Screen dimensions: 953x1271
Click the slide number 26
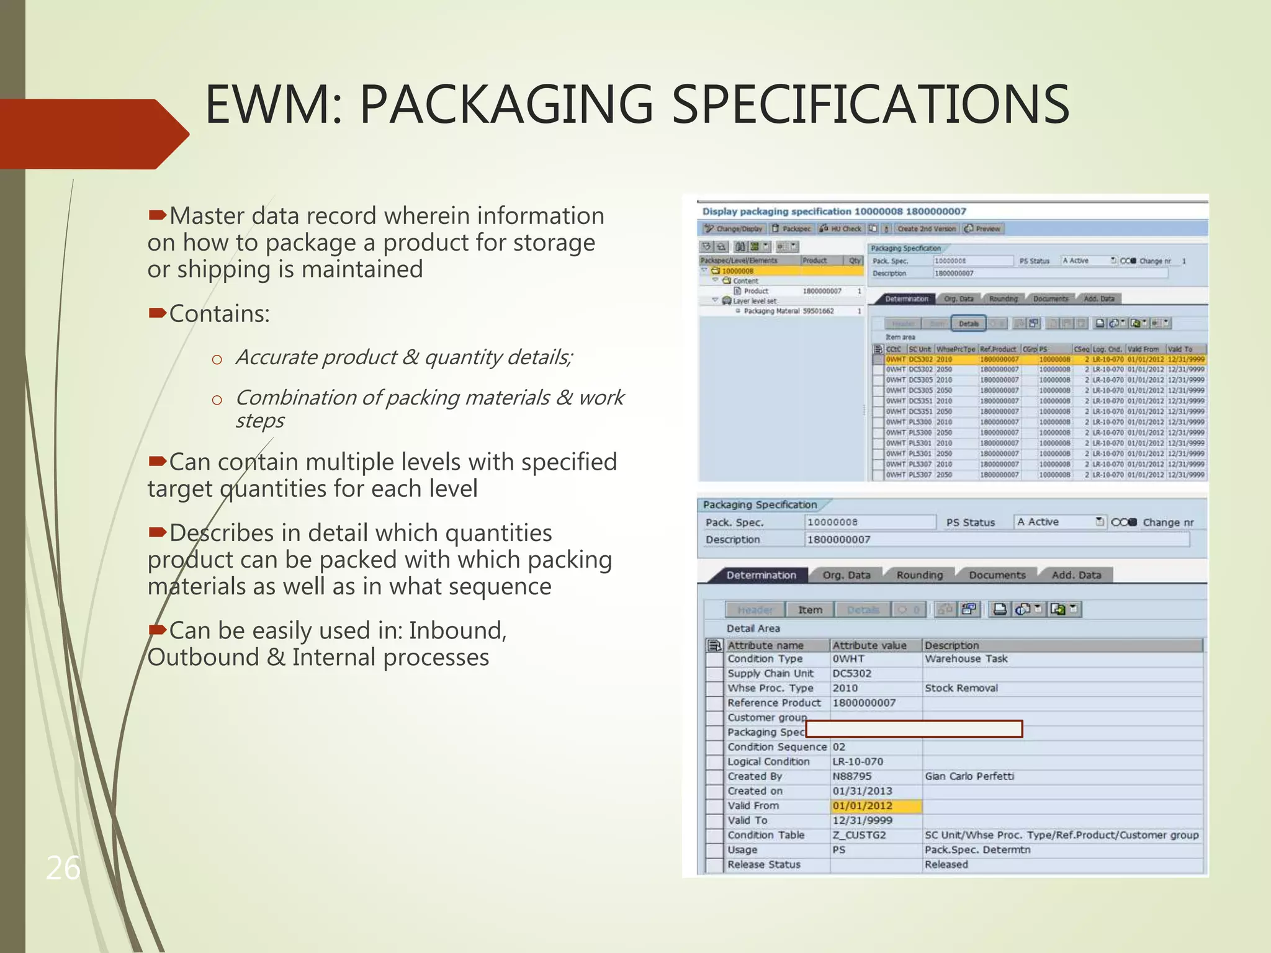(x=63, y=867)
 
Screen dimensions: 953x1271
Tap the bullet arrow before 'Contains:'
(x=157, y=313)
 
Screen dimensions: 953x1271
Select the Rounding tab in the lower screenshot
(x=919, y=575)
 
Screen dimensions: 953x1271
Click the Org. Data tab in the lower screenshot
(x=846, y=575)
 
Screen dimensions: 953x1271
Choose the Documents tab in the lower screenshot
(x=997, y=575)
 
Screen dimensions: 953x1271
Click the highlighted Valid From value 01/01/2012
(x=863, y=806)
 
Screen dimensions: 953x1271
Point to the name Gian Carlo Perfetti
(x=969, y=776)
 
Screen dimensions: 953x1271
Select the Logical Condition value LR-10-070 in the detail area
(x=858, y=761)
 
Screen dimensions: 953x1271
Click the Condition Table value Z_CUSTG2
(x=859, y=835)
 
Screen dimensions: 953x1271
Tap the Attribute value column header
(x=869, y=645)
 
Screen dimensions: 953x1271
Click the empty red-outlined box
(x=914, y=729)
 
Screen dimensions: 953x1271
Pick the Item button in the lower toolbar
(x=810, y=610)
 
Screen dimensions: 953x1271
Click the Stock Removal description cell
(x=961, y=688)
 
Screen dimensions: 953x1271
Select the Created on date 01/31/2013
(x=862, y=791)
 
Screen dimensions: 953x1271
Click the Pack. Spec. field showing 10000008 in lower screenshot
(x=869, y=522)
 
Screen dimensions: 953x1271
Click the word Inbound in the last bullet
(x=457, y=630)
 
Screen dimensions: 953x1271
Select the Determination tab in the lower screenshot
(x=761, y=575)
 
